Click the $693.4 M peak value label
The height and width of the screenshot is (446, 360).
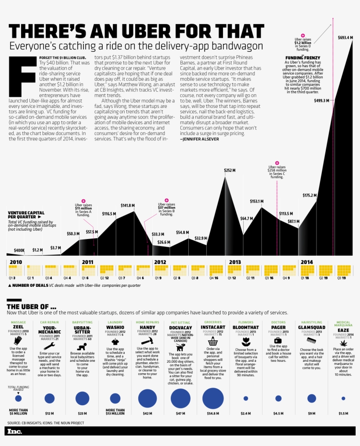[x=345, y=38]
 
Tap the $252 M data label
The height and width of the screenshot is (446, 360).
[x=230, y=170]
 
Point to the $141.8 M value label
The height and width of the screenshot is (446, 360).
[x=128, y=205]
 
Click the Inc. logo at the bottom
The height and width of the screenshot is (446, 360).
[x=14, y=432]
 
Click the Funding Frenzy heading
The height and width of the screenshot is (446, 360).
[x=302, y=58]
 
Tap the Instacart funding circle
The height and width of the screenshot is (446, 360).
[x=213, y=398]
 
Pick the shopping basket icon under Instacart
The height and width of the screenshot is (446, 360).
[x=213, y=341]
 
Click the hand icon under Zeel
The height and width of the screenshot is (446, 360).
[x=18, y=341]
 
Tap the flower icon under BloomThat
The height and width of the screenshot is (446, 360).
[x=245, y=341]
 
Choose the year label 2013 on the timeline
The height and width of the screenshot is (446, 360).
[x=235, y=262]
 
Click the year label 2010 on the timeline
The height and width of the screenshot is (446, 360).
[x=16, y=262]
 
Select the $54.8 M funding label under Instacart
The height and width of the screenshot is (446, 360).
[x=213, y=413]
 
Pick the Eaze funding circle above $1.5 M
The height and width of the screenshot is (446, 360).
[x=343, y=398]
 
